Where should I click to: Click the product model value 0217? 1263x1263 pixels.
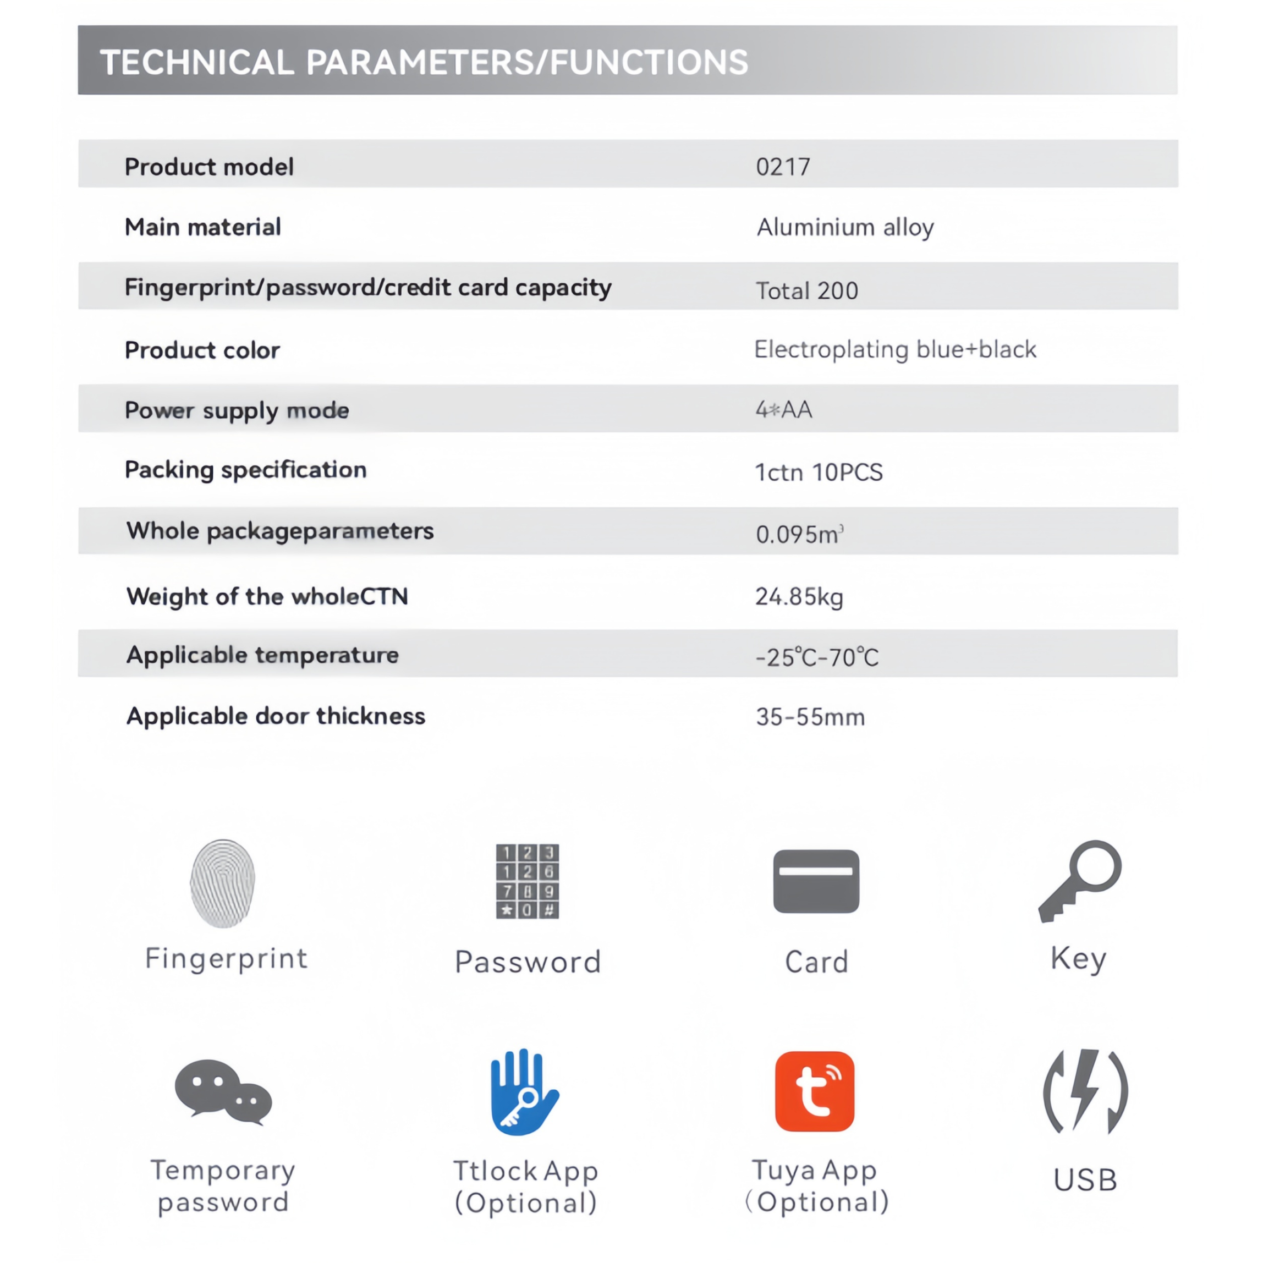[x=783, y=167]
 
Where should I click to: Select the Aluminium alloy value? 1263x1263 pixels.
[x=844, y=228]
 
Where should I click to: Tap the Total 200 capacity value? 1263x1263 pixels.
[x=806, y=291]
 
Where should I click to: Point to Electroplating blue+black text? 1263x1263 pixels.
[x=895, y=350]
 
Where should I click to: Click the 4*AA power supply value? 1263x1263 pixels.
[x=784, y=410]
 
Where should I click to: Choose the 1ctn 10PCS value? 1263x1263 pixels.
[x=819, y=472]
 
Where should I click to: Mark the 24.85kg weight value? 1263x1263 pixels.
[x=799, y=597]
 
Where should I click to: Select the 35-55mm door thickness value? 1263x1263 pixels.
[x=810, y=717]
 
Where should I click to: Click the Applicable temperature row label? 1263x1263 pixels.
[x=262, y=655]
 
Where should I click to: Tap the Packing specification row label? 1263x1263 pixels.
[x=245, y=470]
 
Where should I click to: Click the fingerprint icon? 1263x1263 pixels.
[x=222, y=883]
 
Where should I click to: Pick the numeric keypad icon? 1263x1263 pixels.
[x=527, y=881]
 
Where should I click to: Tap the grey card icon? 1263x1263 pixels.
[x=816, y=881]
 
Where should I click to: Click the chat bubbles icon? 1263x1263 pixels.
[x=223, y=1092]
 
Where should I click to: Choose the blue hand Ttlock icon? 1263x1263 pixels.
[x=524, y=1092]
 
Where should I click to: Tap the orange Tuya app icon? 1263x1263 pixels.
[x=815, y=1092]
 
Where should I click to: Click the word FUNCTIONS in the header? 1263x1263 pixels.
[x=649, y=63]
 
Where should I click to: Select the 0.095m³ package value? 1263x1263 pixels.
[x=799, y=535]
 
